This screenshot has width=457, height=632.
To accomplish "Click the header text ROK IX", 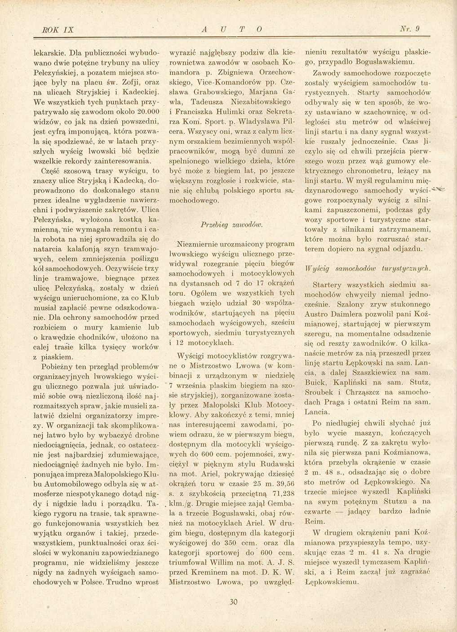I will (57, 30).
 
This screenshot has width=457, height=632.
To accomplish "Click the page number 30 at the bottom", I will (232, 602).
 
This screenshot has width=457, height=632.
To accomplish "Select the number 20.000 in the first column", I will (147, 111).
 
